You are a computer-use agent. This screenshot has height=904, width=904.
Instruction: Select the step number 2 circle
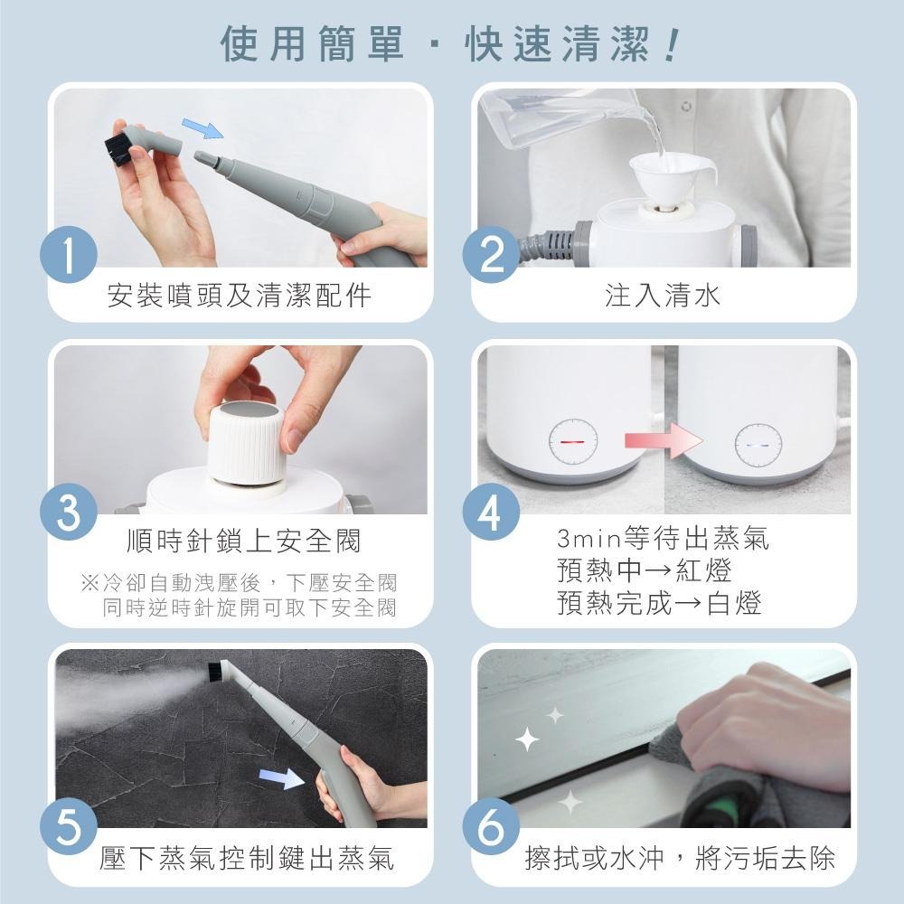click(x=491, y=256)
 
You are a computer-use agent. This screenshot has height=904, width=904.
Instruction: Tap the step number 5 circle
click(x=69, y=826)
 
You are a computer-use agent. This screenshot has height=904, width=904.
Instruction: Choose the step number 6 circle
click(x=491, y=826)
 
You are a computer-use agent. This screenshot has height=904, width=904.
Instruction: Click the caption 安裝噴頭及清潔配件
click(x=240, y=296)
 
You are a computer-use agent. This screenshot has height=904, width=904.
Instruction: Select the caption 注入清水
click(x=663, y=296)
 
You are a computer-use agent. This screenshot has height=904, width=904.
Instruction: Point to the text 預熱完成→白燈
click(x=659, y=602)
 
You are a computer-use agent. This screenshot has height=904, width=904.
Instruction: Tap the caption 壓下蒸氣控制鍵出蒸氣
click(x=247, y=858)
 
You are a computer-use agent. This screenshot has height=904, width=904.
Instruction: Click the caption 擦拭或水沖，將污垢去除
click(x=680, y=858)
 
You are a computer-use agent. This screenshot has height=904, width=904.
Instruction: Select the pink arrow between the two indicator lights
click(x=663, y=442)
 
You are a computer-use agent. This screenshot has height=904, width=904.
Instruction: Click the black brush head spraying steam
click(x=220, y=672)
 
